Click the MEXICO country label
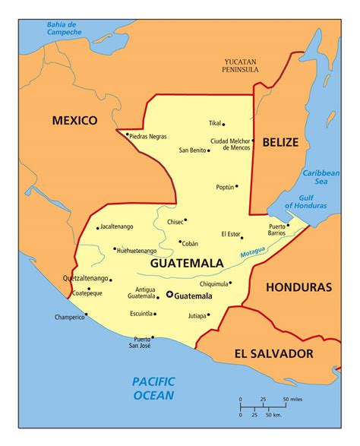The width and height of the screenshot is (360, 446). (74, 120)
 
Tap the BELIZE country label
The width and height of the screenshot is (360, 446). (280, 142)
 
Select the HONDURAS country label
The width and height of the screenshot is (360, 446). (298, 288)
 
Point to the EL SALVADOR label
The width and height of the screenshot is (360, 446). (273, 353)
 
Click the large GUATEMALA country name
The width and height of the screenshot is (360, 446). (187, 264)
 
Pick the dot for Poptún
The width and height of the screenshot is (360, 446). (236, 186)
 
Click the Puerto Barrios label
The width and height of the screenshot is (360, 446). (277, 229)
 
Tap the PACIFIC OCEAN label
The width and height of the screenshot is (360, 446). (153, 387)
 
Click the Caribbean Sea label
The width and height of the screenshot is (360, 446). (322, 177)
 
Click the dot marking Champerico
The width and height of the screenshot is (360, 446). (86, 314)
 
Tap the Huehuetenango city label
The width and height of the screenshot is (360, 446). (137, 250)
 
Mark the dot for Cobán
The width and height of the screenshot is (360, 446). (179, 242)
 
